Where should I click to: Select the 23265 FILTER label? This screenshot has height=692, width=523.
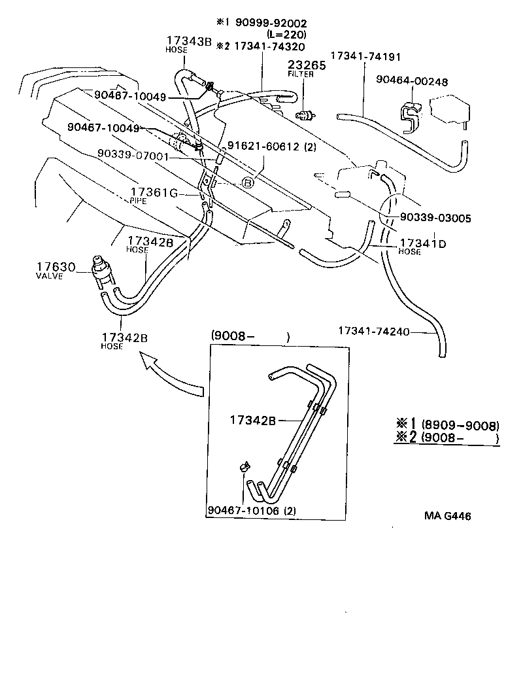click(301, 69)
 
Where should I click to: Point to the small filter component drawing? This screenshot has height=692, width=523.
click(305, 116)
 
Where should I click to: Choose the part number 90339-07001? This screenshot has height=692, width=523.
click(133, 157)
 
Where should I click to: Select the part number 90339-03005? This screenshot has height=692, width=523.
click(434, 217)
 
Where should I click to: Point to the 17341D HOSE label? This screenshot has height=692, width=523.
click(422, 247)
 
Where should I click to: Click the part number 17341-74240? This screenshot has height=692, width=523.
click(374, 331)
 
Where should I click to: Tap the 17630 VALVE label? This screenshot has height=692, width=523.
click(56, 270)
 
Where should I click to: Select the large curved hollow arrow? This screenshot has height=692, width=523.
click(171, 376)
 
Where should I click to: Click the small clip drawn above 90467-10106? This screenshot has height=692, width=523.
click(245, 467)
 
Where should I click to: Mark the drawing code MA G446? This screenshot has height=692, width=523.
click(448, 516)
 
